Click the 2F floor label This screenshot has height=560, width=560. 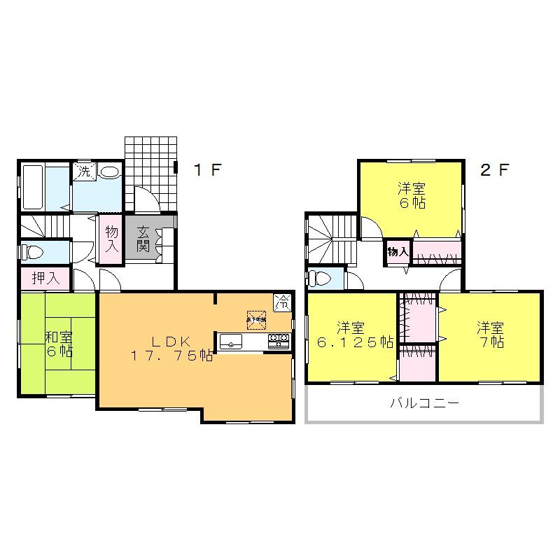(493, 169)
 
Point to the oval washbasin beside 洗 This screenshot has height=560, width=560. (108, 171)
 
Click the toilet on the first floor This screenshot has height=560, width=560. (34, 251)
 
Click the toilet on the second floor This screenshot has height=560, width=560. (320, 278)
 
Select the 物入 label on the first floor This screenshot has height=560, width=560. (112, 239)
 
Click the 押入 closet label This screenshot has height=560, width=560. (43, 278)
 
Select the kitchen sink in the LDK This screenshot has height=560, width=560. (232, 342)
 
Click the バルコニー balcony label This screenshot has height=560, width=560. (424, 404)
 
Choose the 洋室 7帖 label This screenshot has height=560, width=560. (491, 335)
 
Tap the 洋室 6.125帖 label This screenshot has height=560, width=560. (353, 335)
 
